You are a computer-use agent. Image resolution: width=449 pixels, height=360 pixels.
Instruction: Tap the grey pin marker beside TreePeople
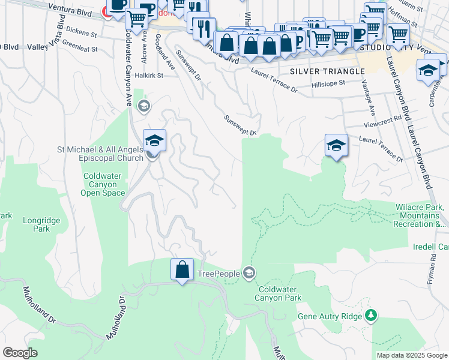[249, 274]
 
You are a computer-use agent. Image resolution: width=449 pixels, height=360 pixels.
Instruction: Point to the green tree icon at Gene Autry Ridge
[371, 315]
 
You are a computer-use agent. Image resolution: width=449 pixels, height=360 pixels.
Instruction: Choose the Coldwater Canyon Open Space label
[103, 185]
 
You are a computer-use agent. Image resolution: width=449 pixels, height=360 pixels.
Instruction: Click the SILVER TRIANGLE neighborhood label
[327, 71]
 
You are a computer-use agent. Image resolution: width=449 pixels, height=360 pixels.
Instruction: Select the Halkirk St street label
[149, 75]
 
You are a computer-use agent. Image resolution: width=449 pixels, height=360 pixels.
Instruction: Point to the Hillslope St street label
[329, 85]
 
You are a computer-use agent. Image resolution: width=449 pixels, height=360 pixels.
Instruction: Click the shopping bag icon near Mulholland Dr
[182, 269]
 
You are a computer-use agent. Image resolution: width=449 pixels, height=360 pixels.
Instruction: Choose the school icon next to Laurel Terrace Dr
[337, 145]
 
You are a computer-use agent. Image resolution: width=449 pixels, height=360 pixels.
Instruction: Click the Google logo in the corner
[20, 353]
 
